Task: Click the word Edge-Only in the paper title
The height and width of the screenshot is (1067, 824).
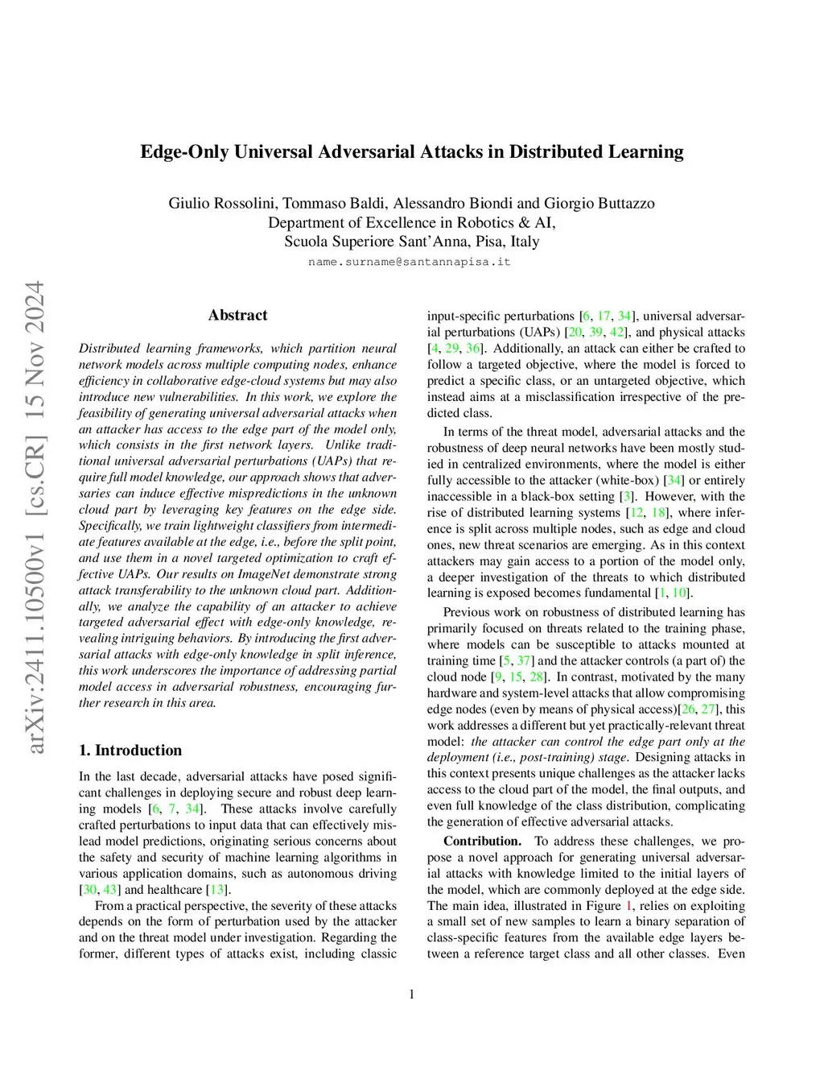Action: [184, 152]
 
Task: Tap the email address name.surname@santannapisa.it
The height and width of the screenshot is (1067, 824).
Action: [410, 262]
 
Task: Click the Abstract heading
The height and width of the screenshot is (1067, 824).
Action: [237, 315]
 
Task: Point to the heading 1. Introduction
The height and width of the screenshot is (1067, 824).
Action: [130, 751]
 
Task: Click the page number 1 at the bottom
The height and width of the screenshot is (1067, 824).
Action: [412, 995]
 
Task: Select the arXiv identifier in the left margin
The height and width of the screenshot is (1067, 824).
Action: [35, 515]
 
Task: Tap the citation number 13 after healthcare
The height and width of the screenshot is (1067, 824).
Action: [217, 890]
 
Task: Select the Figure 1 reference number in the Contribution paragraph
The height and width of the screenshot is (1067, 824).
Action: [629, 905]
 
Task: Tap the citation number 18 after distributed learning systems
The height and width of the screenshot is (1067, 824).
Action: [659, 512]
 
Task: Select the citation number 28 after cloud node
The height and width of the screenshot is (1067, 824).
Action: [536, 676]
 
